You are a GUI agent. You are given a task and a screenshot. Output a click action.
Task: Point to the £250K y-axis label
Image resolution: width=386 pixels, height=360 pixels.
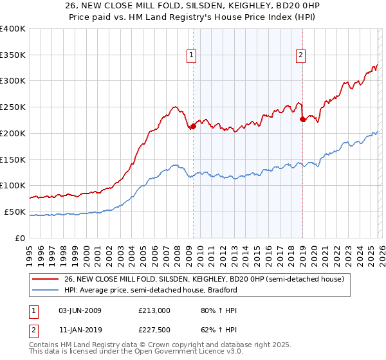coord(13,107)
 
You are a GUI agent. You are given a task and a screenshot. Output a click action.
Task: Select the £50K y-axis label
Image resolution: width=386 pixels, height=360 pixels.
coord(15,212)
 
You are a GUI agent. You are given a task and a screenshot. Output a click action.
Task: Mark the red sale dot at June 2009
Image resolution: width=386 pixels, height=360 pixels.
coord(193,127)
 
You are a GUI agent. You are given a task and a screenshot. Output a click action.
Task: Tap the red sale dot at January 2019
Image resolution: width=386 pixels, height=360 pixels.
coord(302,118)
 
